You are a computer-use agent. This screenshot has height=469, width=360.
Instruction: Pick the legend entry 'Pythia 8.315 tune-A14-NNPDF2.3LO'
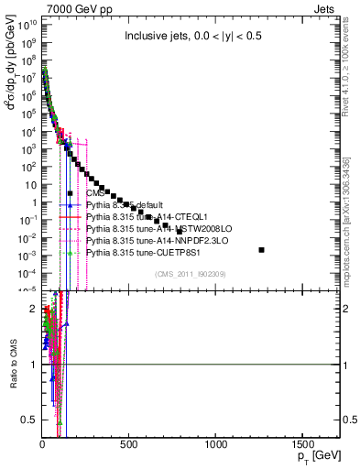[150, 240]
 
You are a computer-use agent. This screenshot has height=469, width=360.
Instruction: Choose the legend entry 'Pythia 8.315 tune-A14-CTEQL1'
[140, 216]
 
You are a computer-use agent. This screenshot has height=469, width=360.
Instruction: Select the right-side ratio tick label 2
[346, 309]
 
